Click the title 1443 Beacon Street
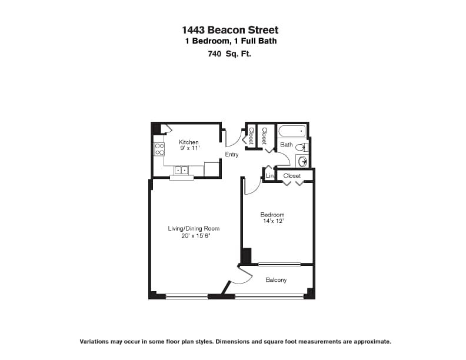(230, 30)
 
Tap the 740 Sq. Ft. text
(229, 54)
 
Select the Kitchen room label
(189, 142)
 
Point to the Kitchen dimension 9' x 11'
(189, 148)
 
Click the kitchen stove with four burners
(159, 149)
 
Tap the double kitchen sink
(181, 170)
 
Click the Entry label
(232, 155)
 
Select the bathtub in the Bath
(292, 131)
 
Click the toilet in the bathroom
(302, 147)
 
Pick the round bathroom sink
(302, 161)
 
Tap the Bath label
(287, 145)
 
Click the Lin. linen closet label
(270, 175)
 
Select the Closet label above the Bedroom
(292, 175)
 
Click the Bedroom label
(272, 215)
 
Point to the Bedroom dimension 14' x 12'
(274, 221)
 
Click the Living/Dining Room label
(194, 228)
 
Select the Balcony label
(276, 280)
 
